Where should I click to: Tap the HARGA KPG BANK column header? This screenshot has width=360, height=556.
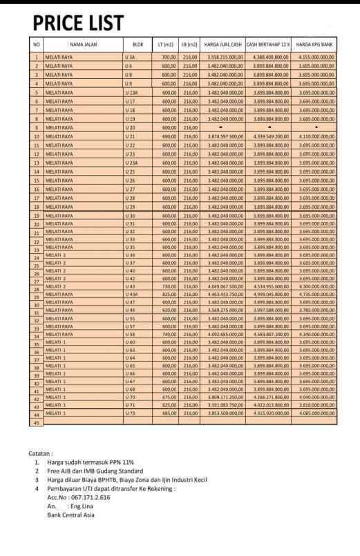point(316,44)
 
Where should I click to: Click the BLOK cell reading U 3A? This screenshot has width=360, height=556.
point(130,57)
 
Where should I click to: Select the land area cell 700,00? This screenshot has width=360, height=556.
point(169,57)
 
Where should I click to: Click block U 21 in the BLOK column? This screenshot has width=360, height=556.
point(130,137)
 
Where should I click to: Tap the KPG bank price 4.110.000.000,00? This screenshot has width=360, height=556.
point(316,137)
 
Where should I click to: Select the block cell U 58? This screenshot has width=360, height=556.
point(130,334)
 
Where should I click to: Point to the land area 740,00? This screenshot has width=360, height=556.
point(169,334)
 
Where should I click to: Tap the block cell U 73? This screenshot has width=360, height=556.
point(130,413)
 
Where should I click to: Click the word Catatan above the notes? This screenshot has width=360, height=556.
point(41,454)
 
